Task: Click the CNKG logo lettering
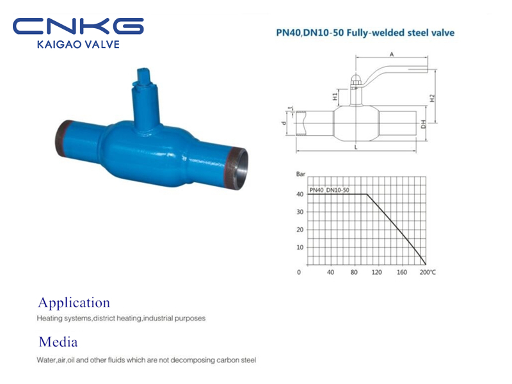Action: (78, 26)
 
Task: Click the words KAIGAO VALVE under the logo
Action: (78, 44)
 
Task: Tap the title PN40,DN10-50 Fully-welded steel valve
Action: (365, 33)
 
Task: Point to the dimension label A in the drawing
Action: (392, 54)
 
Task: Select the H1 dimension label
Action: (335, 97)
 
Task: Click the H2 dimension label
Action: (433, 98)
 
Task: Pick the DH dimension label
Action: (423, 124)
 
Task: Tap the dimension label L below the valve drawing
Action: (356, 147)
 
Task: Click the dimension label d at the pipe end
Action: (284, 123)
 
